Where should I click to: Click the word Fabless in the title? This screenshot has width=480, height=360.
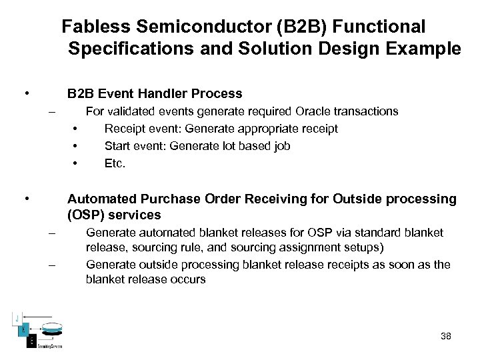(x=91, y=27)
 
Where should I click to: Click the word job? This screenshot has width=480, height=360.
(x=281, y=146)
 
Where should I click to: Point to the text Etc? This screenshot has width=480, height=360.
(x=115, y=163)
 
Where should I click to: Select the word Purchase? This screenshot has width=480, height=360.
(x=158, y=199)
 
